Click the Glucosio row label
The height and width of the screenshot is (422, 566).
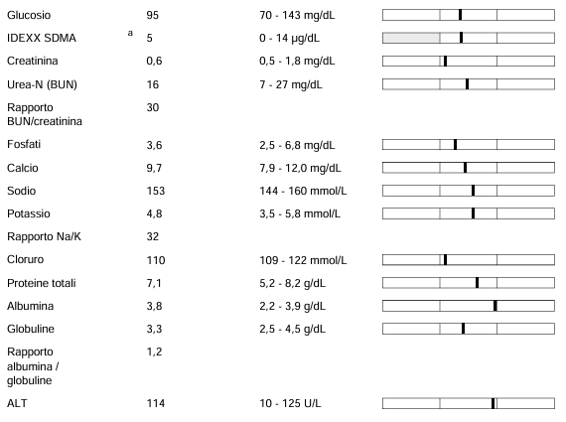pos(29,15)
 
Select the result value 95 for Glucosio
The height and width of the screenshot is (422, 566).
pos(152,15)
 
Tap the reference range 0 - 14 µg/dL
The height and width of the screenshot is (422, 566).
pos(289,38)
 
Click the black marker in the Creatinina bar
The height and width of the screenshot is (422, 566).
pos(446,61)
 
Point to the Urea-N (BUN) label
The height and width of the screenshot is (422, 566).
pos(42,84)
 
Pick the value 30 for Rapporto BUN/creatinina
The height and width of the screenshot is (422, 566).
pos(153,107)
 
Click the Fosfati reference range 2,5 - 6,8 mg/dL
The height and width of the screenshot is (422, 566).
pos(297,145)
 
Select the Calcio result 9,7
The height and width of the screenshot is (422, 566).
pos(154,168)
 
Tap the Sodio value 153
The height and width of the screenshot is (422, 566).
pos(156,191)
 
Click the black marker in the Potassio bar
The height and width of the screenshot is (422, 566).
pos(474,213)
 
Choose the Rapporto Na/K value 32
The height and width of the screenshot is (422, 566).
pos(153,236)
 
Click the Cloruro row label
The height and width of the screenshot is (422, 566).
pos(25,259)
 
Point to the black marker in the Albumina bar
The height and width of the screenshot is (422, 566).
pos(495,306)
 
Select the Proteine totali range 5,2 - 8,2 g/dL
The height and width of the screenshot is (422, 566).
pos(292,283)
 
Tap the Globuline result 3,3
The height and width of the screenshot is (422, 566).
pos(154,330)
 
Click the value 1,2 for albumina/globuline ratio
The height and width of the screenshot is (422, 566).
pos(154,352)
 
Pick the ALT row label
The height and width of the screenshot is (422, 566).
pos(17,403)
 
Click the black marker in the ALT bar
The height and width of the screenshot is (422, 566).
pos(494,403)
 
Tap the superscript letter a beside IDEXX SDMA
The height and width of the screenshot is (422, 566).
pos(130,33)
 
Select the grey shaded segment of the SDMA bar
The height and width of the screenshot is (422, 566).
pos(411,38)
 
